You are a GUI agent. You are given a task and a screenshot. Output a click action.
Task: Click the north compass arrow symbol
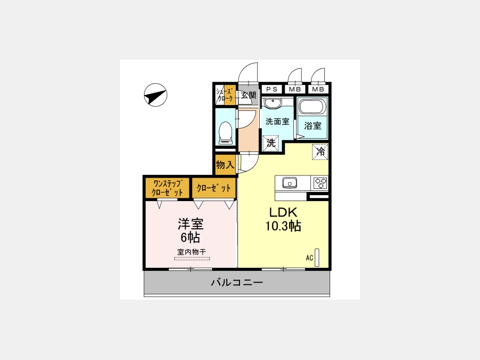156,95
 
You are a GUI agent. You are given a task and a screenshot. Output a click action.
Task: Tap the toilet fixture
226,133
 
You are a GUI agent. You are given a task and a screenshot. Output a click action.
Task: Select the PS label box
272,89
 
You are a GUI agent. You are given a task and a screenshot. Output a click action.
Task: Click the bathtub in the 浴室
313,107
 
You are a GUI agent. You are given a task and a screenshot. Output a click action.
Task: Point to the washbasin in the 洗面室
272,103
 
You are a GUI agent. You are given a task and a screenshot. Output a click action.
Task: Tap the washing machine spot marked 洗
270,143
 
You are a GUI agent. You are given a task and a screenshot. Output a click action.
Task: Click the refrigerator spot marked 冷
320,151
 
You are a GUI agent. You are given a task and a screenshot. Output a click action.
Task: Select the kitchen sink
289,183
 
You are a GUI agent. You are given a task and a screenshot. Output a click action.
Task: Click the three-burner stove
321,183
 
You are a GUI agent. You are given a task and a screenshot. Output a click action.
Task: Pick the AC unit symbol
317,257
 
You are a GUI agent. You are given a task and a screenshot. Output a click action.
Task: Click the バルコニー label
237,282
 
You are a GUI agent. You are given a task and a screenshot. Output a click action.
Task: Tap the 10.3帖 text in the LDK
283,226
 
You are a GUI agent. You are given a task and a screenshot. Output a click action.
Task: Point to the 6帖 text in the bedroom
190,237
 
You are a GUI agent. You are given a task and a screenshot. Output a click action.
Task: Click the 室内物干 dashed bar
192,259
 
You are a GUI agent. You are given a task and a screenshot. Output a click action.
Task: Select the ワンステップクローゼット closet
167,188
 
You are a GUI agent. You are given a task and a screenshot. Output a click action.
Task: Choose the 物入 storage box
225,165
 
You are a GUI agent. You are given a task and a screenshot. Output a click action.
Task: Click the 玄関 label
248,95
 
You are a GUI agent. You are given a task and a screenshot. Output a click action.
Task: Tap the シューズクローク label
225,95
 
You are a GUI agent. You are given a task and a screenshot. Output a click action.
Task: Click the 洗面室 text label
277,122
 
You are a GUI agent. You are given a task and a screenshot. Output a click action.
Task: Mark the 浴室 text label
313,125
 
